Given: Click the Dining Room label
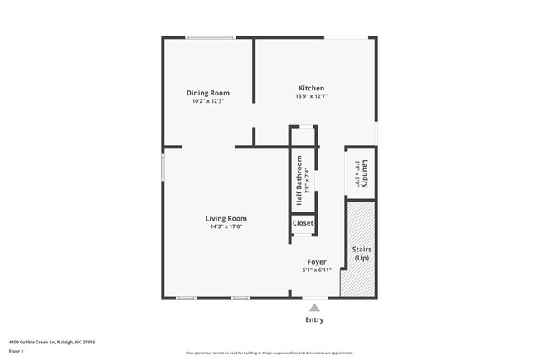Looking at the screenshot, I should tap(207, 93).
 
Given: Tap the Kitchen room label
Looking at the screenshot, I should tap(311, 88).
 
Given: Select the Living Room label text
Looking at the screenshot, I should tap(226, 219).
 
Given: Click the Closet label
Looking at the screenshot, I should tap(303, 223).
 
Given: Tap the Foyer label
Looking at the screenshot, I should tap(317, 262).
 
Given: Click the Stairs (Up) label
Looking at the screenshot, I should tap(362, 254).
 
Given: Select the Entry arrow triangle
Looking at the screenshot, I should tap(314, 308).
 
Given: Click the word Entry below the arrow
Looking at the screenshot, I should tap(314, 320).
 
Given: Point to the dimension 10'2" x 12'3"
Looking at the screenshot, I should tap(207, 101).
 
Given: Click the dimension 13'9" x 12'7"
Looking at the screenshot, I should tap(311, 96).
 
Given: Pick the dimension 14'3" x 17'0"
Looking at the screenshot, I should tap(226, 227).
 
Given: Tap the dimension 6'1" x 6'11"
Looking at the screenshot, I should tap(317, 270).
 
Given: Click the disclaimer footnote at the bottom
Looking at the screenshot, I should tap(269, 353).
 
